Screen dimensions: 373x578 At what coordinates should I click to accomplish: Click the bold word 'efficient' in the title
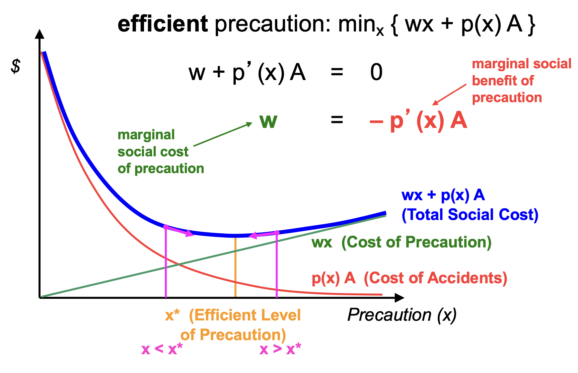click(x=163, y=24)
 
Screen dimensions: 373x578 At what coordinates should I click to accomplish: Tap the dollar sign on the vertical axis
click(x=15, y=66)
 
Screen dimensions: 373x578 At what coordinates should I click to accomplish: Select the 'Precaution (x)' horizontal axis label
click(x=402, y=315)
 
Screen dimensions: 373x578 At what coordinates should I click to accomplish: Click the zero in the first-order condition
click(x=376, y=72)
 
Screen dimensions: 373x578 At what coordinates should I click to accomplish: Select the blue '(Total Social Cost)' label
click(x=470, y=215)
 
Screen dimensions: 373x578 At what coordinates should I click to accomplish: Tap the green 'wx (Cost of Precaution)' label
click(x=401, y=242)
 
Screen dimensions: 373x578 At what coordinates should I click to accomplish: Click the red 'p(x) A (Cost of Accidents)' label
click(x=409, y=278)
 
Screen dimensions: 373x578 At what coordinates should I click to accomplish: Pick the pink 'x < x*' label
click(x=162, y=349)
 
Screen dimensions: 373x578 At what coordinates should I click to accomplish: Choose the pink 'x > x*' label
click(x=280, y=349)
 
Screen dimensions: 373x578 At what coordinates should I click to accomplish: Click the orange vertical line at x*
click(x=235, y=268)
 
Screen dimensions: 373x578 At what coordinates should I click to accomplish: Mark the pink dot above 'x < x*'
click(x=165, y=227)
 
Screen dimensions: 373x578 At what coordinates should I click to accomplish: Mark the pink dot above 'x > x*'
click(x=277, y=233)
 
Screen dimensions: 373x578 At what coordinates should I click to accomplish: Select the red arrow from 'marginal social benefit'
click(x=449, y=94)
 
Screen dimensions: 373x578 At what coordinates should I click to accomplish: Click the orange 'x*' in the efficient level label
click(x=172, y=315)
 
